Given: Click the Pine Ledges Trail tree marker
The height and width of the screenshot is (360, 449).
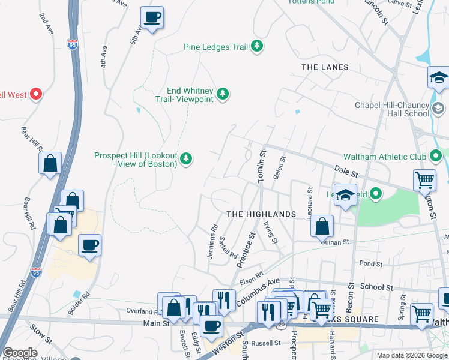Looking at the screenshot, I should click(x=257, y=46).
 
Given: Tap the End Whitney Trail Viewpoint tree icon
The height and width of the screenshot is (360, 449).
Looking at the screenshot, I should click(x=223, y=94).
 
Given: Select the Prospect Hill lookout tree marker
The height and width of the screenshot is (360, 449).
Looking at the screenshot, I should click(x=187, y=159).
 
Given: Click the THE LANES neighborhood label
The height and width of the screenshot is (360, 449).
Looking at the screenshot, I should click(x=325, y=67).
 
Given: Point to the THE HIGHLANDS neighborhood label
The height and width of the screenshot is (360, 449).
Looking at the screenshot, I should click(x=261, y=214).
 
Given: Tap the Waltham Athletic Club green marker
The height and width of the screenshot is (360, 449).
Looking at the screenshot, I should click(x=436, y=157).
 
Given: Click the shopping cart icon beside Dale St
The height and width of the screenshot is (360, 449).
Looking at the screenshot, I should click(x=424, y=179).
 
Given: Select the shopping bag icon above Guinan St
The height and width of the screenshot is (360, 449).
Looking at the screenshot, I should click(x=322, y=226).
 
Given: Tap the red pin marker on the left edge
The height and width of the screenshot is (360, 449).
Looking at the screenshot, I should click(x=35, y=94).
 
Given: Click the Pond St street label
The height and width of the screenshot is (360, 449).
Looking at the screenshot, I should click(x=371, y=263).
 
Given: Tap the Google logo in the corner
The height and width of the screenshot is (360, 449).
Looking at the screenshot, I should click(x=20, y=353).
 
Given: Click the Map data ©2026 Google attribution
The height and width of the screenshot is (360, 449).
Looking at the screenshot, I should click(x=411, y=355).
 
